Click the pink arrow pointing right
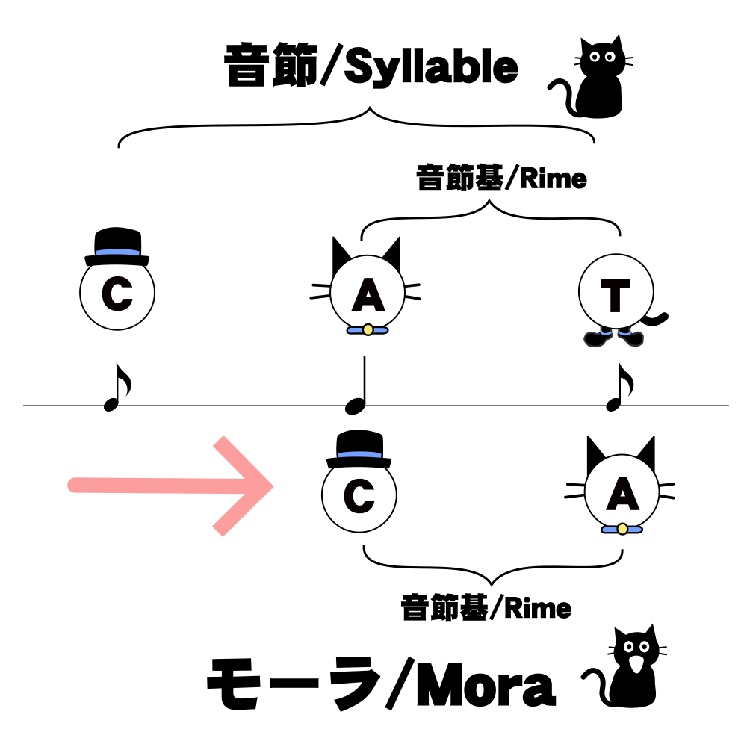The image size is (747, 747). (x=172, y=486)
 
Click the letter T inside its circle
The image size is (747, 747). (x=616, y=297)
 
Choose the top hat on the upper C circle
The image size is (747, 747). (x=117, y=248)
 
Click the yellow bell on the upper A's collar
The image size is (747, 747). (x=367, y=329)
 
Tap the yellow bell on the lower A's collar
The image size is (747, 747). (x=622, y=529)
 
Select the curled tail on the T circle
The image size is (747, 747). (x=657, y=321)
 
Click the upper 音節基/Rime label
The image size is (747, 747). (x=501, y=180)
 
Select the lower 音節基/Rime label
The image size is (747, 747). (x=486, y=608)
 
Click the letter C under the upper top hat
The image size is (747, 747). (x=117, y=296)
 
